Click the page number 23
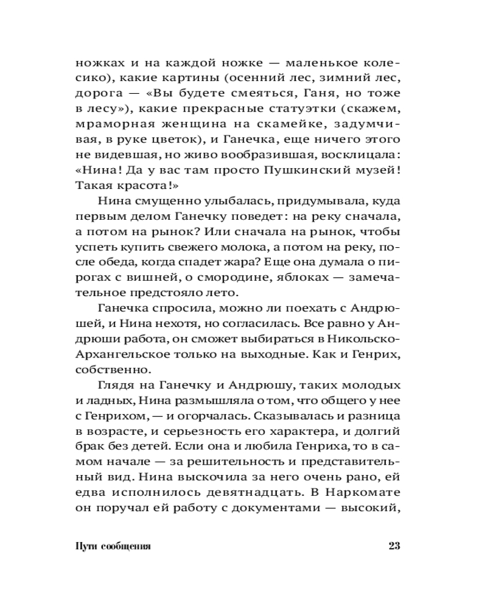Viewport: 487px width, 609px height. pyautogui.click(x=393, y=545)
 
